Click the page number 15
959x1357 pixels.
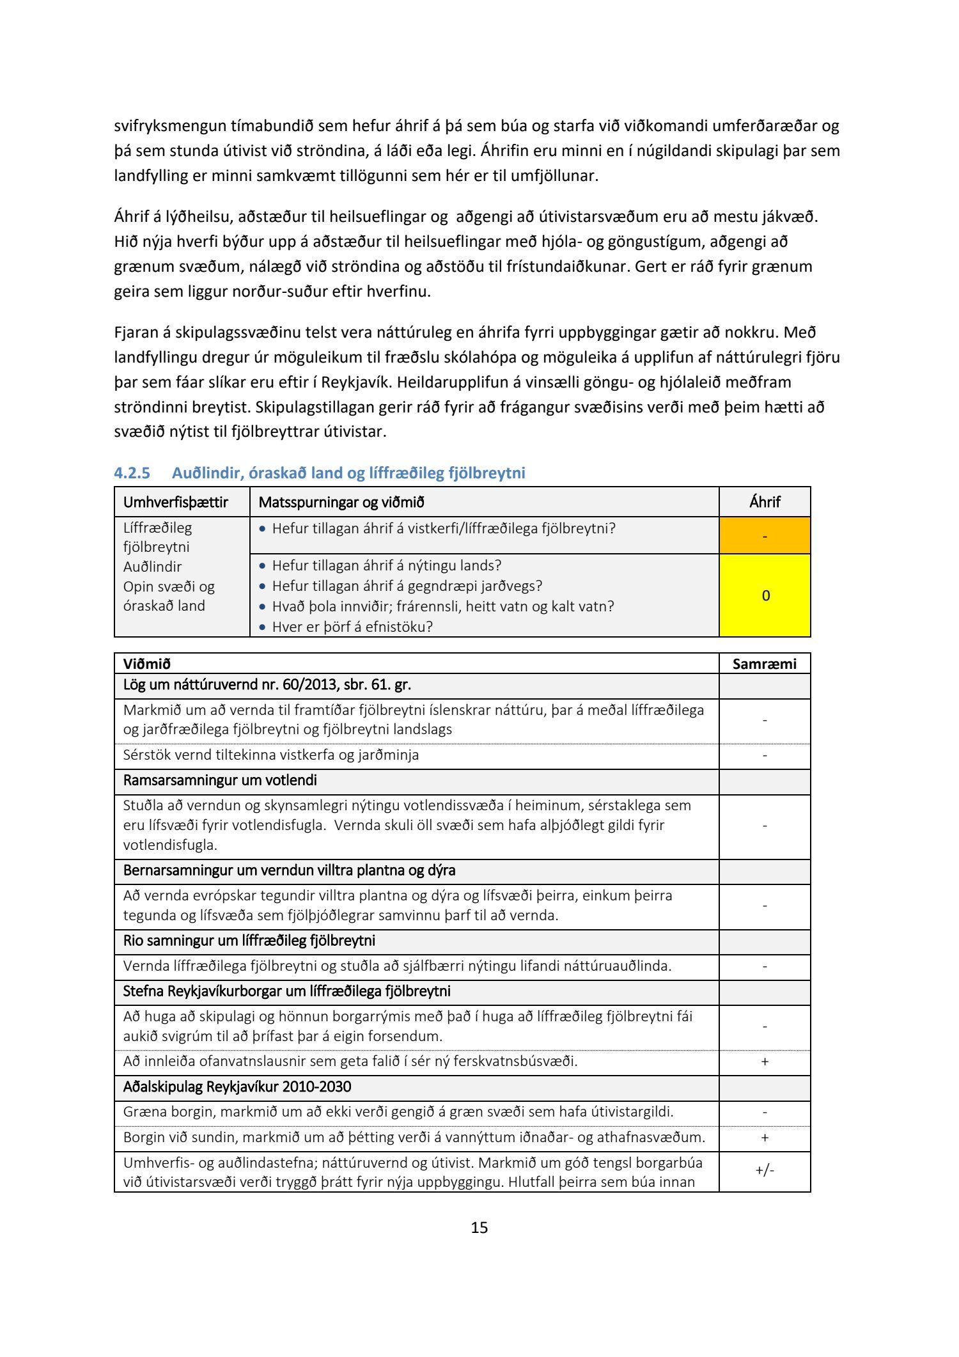tap(479, 1227)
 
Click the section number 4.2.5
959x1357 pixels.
tap(132, 473)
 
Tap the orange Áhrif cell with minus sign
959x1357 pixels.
tap(765, 535)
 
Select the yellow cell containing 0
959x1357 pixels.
tap(765, 595)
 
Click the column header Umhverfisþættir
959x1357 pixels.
tap(175, 502)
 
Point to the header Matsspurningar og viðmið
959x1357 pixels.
tap(341, 502)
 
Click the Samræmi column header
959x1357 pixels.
tap(765, 664)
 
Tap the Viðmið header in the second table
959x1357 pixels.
tap(147, 664)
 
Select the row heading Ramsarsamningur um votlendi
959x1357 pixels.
tap(220, 780)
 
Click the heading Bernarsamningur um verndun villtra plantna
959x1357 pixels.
tap(289, 870)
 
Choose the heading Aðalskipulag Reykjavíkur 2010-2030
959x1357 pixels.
tap(237, 1086)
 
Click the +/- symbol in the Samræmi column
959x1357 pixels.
tap(765, 1170)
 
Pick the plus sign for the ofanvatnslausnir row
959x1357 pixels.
tap(765, 1062)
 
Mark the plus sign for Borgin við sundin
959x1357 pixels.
tap(765, 1138)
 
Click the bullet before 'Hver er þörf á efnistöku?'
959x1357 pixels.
tap(262, 627)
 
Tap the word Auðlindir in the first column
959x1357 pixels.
tap(152, 567)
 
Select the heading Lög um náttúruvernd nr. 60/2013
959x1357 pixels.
tap(267, 685)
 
